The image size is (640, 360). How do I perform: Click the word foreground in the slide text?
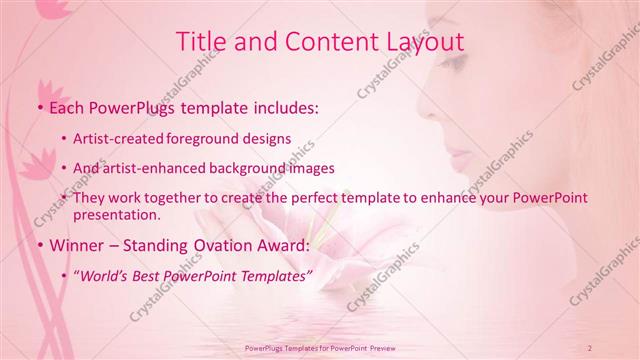click(x=230, y=139)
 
